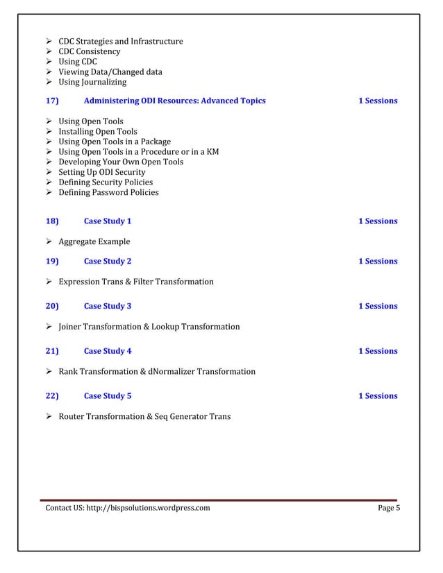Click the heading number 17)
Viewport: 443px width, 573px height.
click(52, 101)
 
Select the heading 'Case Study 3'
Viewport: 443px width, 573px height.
click(107, 306)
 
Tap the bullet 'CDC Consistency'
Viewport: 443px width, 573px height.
click(89, 52)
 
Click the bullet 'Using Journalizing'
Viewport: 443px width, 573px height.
click(92, 83)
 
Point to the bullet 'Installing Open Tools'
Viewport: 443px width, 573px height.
click(97, 132)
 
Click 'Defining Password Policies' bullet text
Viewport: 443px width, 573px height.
click(108, 192)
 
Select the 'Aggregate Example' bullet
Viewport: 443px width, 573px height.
click(94, 242)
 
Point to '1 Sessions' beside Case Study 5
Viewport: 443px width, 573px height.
click(378, 396)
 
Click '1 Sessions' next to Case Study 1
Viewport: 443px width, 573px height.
click(378, 221)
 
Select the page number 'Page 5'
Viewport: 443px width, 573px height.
click(389, 508)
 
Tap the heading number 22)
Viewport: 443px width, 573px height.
click(52, 396)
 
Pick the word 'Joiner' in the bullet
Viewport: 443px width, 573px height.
click(71, 327)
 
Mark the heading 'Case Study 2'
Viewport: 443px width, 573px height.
click(107, 262)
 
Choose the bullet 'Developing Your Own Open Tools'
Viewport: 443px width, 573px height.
click(121, 162)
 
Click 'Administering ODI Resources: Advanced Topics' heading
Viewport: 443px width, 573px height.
click(174, 101)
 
